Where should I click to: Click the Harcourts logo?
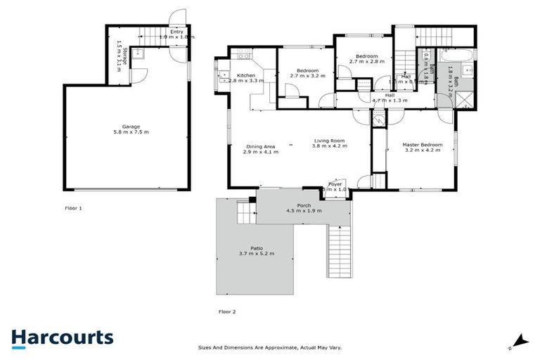coord(62,337)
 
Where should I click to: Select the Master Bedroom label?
coord(422,145)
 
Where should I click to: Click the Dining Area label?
coord(258,146)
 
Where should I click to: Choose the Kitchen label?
coord(245,75)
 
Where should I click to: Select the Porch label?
coord(304,205)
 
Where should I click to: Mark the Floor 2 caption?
coord(228,311)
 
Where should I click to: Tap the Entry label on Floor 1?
coord(176,32)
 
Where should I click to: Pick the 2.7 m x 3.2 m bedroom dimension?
coord(308,76)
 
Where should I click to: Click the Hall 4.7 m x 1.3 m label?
coord(389,101)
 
